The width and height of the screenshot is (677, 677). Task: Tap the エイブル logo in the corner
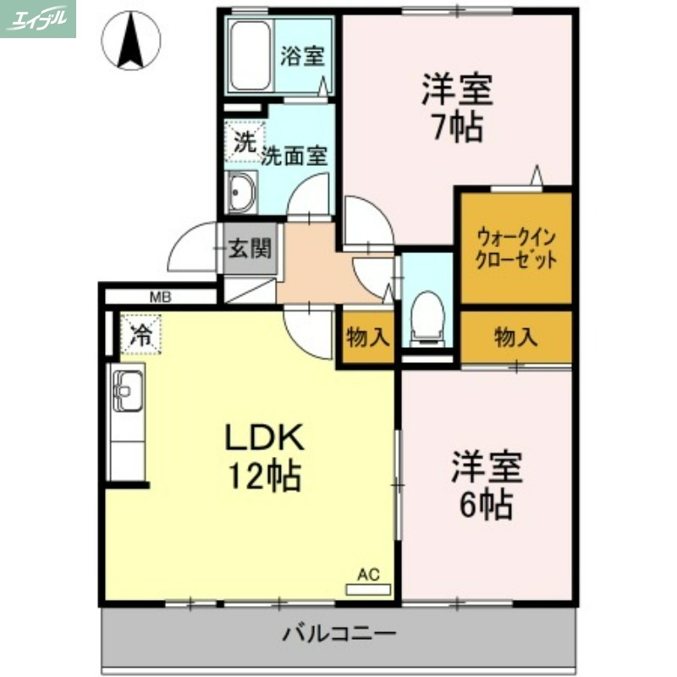click(x=38, y=19)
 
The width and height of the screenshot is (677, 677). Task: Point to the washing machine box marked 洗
click(x=244, y=142)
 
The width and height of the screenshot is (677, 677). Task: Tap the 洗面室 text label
click(x=294, y=156)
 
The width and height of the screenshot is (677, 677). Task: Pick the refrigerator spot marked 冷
click(x=140, y=333)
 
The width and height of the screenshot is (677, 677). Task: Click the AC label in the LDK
click(x=368, y=575)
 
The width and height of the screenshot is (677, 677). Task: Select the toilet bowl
click(x=426, y=316)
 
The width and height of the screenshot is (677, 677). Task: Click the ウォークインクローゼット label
click(x=516, y=248)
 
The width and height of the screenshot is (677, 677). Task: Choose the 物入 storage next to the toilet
click(x=367, y=338)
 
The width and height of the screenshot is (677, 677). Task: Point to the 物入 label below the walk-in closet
click(x=515, y=338)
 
